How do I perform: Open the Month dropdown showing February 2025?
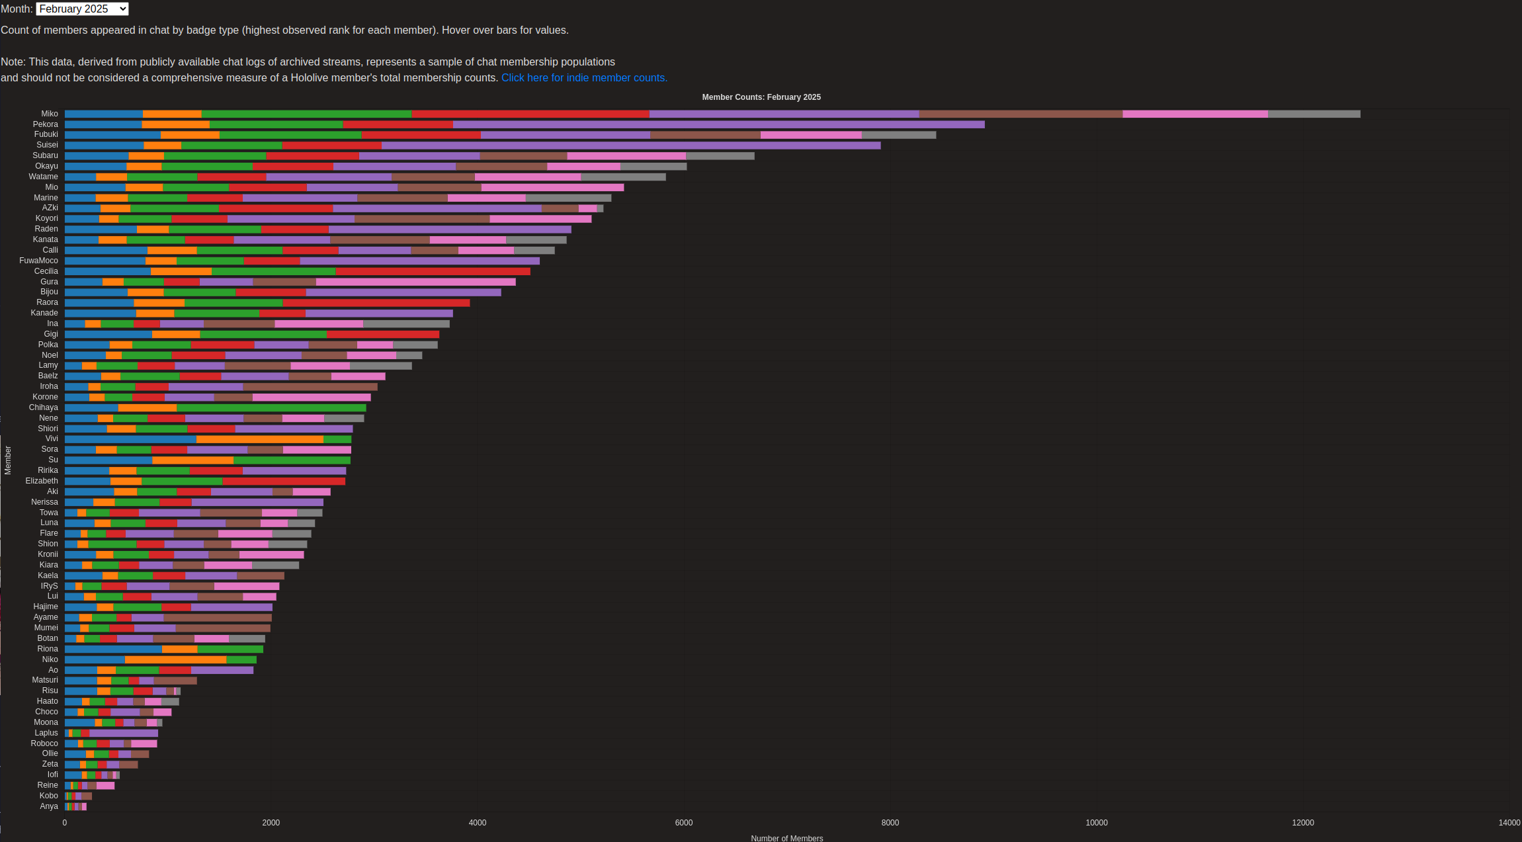83,9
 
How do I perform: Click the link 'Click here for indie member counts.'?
584,78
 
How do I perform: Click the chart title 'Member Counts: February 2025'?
761,97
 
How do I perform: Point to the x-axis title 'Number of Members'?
786,837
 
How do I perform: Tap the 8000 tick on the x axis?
890,823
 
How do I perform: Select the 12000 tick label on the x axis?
1302,823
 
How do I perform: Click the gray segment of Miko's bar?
1314,114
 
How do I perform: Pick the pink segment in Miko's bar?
1195,114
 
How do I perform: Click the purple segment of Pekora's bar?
718,124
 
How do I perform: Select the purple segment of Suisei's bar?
630,146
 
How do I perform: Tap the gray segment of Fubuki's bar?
898,135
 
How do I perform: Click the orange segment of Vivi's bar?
260,439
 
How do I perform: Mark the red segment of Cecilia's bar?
433,272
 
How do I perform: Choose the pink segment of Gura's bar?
415,282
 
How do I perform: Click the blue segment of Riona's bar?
113,650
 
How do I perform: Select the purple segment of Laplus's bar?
124,734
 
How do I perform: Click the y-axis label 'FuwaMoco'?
38,261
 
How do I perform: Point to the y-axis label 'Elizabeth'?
42,481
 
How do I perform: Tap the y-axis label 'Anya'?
49,806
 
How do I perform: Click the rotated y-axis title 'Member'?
8,460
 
